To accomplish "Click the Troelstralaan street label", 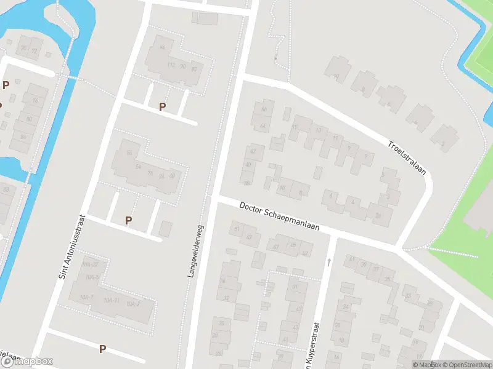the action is (407, 159).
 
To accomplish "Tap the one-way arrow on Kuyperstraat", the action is (329, 262).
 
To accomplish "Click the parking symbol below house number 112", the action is (162, 106).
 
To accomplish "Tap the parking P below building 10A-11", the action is (102, 349).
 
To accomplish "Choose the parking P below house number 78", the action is (128, 220).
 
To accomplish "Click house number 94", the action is (163, 47).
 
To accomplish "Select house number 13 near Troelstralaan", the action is (319, 130).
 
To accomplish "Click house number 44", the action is (263, 126).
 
